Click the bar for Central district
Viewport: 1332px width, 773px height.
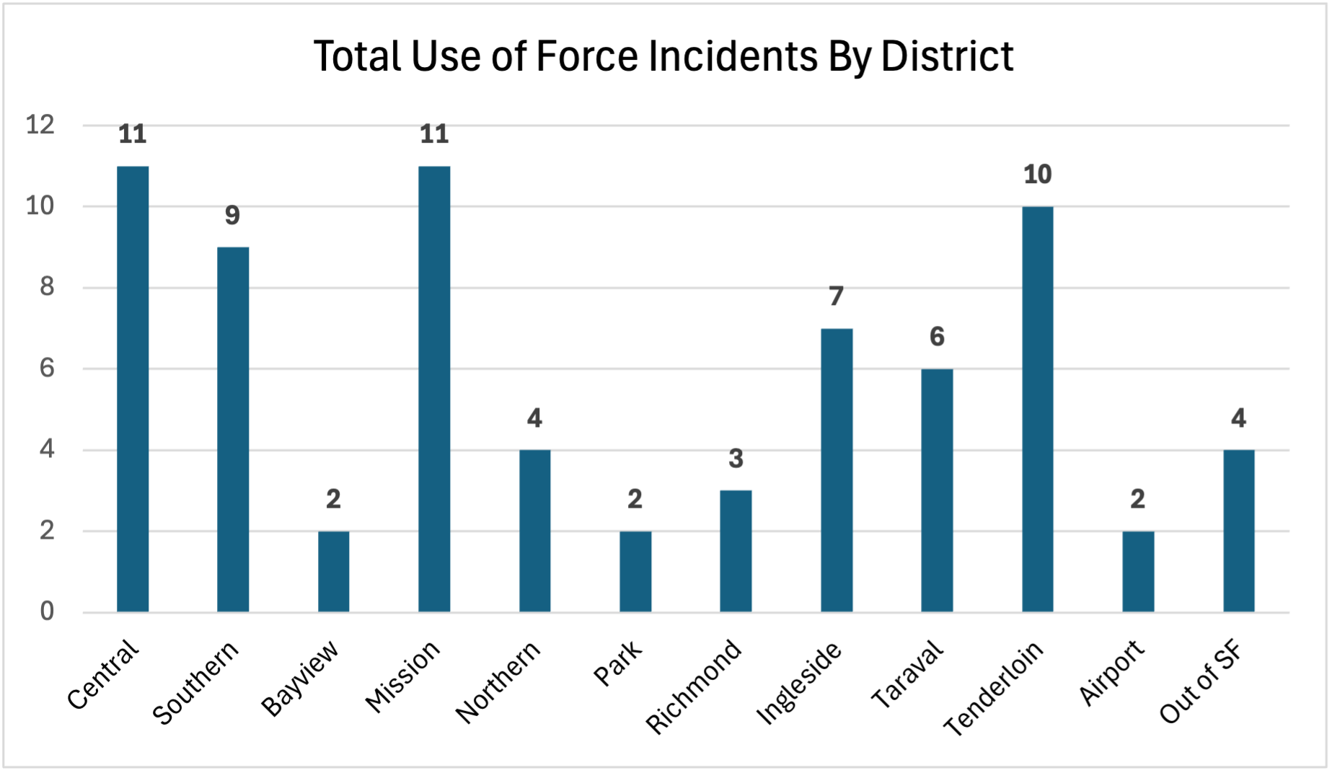(133, 389)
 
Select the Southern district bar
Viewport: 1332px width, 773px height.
(233, 430)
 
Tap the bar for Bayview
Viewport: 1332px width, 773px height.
(333, 572)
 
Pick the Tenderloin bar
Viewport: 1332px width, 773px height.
(1037, 410)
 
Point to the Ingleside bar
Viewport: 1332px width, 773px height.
(836, 470)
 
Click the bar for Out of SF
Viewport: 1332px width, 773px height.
(1238, 531)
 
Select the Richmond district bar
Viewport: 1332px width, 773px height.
(736, 552)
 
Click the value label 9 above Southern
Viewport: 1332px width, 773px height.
(232, 216)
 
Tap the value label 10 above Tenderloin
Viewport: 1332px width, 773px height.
(1037, 175)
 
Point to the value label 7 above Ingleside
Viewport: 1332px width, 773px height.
(836, 296)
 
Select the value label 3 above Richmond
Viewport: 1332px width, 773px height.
(736, 459)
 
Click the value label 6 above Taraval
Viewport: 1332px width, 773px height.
(937, 337)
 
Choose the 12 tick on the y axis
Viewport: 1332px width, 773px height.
(40, 125)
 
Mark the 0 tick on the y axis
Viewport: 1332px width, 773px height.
(47, 612)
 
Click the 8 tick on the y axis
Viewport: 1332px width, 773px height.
(47, 288)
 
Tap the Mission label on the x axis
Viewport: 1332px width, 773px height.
(402, 676)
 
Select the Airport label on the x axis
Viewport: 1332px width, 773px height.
(1111, 673)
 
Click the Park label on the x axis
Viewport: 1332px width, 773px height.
(617, 663)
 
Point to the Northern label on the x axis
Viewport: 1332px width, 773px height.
(498, 682)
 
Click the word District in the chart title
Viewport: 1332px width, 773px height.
(946, 56)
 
